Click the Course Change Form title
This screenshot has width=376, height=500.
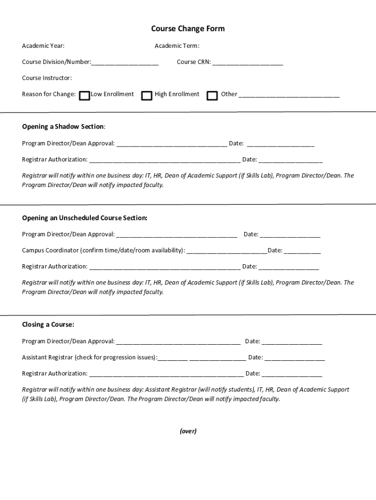coord(188,29)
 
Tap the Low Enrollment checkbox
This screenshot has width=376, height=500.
coord(84,95)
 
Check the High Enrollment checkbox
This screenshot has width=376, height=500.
coord(146,95)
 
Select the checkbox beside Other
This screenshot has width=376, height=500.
coord(212,95)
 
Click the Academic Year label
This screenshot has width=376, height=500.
coord(43,46)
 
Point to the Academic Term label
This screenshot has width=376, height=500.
coord(177,46)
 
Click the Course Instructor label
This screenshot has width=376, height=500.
coord(47,78)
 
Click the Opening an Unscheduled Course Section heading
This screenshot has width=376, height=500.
coord(84,218)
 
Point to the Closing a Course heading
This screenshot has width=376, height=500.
coord(48,325)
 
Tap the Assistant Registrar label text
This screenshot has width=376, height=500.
coord(89,357)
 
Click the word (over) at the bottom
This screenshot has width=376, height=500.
coord(188,431)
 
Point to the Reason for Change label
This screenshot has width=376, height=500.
coord(48,94)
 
